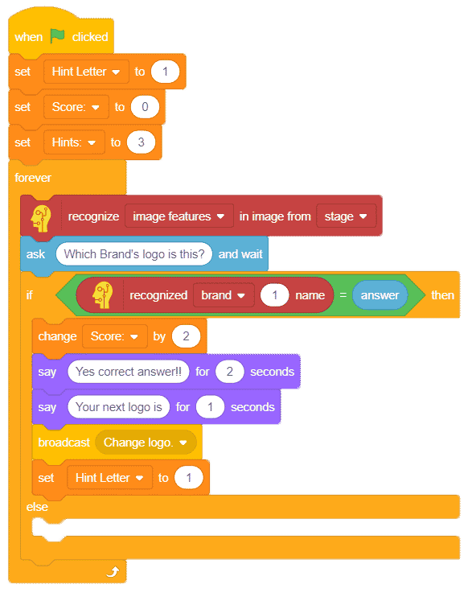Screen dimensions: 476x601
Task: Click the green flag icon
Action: tap(57, 36)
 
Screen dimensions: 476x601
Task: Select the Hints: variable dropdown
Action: tap(74, 142)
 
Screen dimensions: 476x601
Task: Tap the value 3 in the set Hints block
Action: tap(141, 142)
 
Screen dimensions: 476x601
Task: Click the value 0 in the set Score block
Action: tap(145, 106)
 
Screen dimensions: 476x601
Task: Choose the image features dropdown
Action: tap(178, 216)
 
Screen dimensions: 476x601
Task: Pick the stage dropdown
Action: tap(346, 216)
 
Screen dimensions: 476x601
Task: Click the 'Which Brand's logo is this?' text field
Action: tap(134, 253)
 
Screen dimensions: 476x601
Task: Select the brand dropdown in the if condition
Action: tap(224, 295)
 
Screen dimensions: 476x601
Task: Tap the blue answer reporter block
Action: tap(380, 295)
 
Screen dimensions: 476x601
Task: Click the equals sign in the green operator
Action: tap(343, 295)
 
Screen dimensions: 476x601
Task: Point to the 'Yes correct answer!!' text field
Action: tap(129, 372)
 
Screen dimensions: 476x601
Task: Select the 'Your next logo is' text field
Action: tap(119, 406)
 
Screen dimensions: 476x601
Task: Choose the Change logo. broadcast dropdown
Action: tap(146, 443)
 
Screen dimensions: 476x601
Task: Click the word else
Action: tap(37, 507)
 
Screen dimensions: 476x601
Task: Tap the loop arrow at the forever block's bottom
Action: tap(113, 572)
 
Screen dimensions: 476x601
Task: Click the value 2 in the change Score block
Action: tap(186, 336)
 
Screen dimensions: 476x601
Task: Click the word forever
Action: tap(33, 178)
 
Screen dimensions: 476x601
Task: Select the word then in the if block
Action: tap(443, 295)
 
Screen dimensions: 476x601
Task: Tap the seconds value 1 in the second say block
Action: tap(210, 406)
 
